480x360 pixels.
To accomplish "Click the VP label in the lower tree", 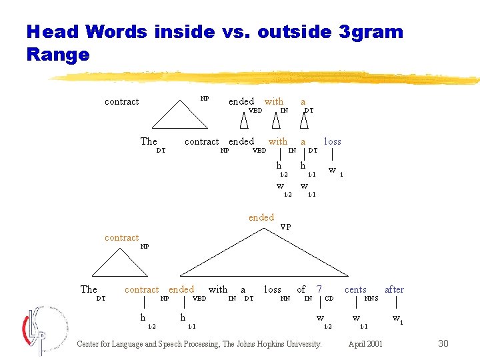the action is tap(285, 227).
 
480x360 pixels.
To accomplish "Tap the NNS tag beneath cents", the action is tap(371, 298).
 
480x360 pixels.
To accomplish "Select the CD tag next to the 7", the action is tap(329, 298).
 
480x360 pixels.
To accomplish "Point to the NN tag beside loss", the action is tap(285, 298).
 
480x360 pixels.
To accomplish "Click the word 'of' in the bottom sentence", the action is tap(301, 289).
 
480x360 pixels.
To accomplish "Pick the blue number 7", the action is tap(319, 289).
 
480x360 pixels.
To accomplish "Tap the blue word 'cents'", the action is tap(355, 289).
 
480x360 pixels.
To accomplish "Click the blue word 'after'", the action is tap(394, 289).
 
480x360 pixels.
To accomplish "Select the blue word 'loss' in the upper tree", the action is tap(332, 141).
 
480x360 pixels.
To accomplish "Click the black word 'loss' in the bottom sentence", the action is tap(272, 289).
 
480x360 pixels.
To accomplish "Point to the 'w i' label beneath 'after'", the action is tap(397, 319).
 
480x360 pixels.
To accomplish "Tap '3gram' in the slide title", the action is tap(369, 31).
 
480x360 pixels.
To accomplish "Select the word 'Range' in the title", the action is tap(57, 54).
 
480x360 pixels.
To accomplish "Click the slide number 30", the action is tap(444, 343).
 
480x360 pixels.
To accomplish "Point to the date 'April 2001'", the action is tap(365, 344).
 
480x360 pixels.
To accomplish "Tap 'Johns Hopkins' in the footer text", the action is tap(261, 344).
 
